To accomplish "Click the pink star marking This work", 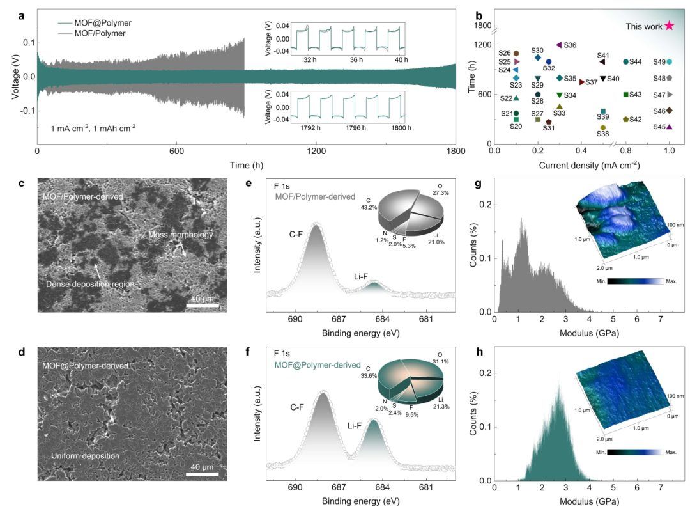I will coord(669,26).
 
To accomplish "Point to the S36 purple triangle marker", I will coord(558,45).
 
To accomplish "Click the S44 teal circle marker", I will coord(625,62).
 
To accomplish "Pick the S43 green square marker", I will coord(625,95).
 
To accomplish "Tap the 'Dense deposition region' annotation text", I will coord(92,283).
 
